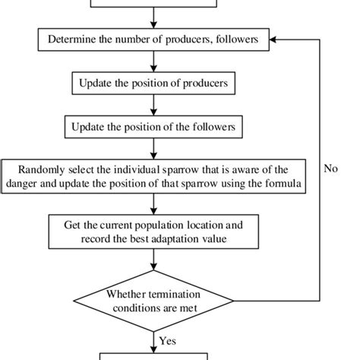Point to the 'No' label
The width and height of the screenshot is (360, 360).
coord(330,169)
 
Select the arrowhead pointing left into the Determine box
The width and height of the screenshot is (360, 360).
coord(275,39)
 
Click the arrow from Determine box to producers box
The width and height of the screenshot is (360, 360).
coord(154,61)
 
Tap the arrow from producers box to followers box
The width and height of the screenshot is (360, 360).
coord(154,104)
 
